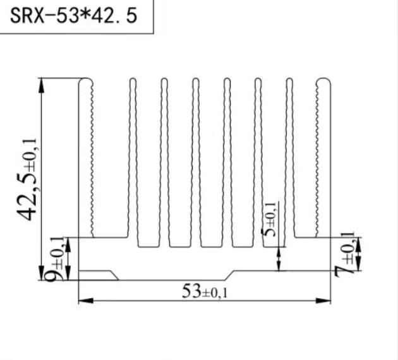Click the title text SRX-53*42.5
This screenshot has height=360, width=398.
click(x=73, y=16)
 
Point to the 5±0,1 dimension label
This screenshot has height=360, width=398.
click(x=270, y=219)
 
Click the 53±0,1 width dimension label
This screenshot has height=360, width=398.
click(x=205, y=292)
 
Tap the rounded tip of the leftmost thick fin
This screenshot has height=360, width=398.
click(x=85, y=80)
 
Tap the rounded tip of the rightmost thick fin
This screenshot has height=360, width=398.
click(x=323, y=80)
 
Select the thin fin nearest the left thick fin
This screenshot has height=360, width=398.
click(x=133, y=158)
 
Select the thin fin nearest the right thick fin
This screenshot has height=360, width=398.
click(x=289, y=158)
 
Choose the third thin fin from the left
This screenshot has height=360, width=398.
click(x=195, y=158)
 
